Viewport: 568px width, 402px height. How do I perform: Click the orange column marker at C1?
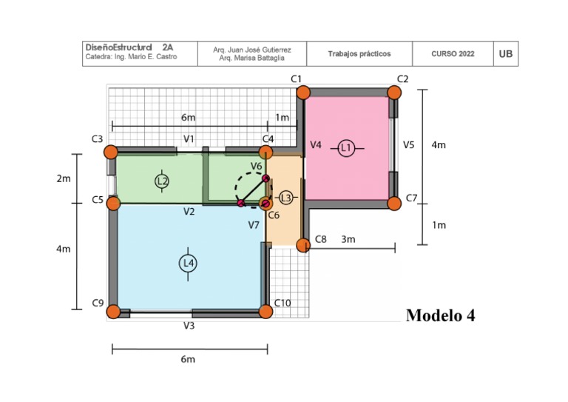click(303, 93)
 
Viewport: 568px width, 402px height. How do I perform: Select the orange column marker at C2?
click(394, 93)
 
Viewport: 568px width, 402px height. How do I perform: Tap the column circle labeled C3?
click(111, 152)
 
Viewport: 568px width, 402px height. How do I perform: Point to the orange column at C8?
click(303, 245)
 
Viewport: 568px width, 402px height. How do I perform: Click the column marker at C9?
click(113, 311)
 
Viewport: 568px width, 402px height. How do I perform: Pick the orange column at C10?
click(266, 311)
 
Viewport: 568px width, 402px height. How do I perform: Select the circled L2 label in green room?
click(163, 181)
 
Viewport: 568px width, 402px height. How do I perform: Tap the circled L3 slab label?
click(286, 198)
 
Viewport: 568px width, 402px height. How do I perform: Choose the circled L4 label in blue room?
click(188, 263)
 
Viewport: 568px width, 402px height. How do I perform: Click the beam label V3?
click(189, 326)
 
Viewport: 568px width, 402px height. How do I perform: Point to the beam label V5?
click(408, 145)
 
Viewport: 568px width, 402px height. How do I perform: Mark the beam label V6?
click(257, 167)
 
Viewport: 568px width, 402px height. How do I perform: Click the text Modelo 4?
click(440, 316)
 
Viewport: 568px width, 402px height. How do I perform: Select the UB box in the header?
click(506, 54)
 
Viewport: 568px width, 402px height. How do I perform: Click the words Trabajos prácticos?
click(359, 54)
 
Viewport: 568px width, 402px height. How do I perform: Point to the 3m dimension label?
click(348, 239)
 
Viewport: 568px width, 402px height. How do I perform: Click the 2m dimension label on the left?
click(64, 179)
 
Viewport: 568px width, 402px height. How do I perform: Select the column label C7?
click(412, 198)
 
